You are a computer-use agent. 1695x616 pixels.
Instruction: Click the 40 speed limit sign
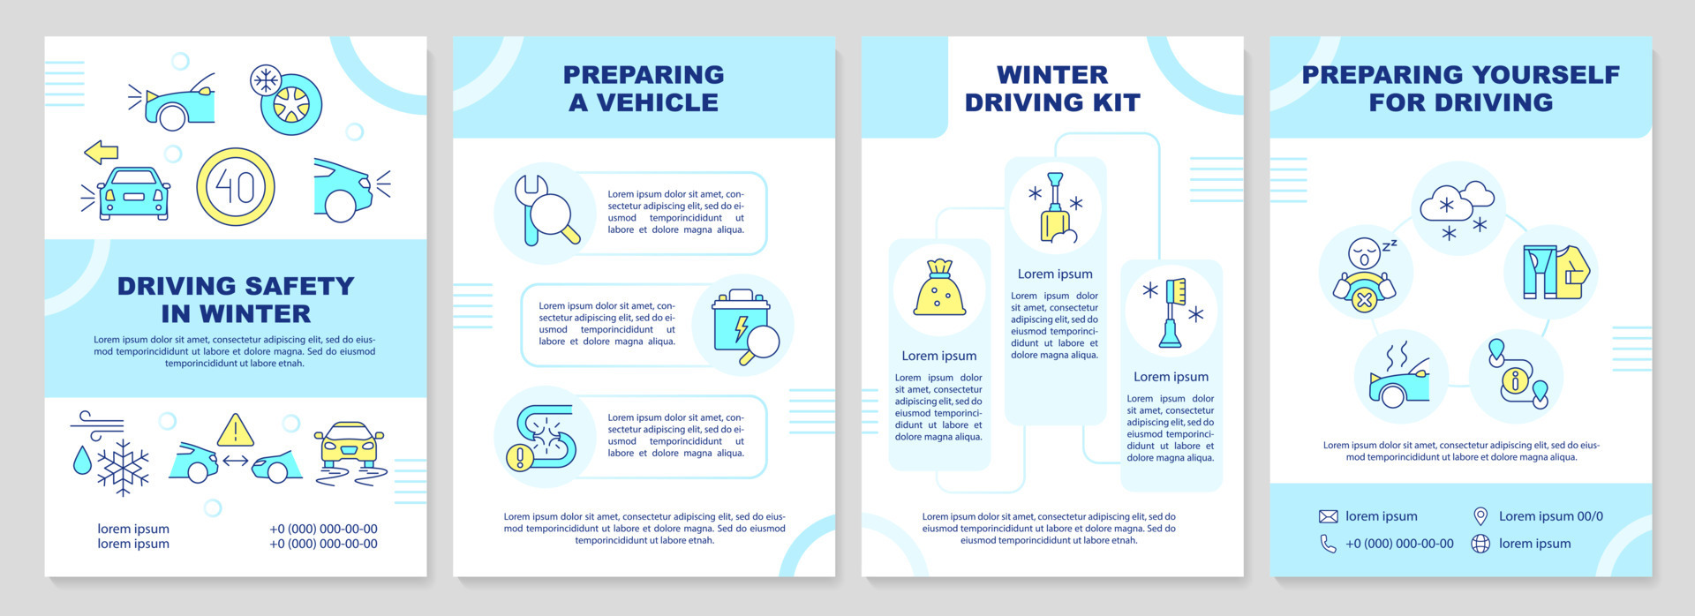(x=236, y=187)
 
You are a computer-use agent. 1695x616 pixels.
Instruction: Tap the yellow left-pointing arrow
(x=102, y=152)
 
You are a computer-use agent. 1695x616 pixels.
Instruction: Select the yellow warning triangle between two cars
(x=235, y=431)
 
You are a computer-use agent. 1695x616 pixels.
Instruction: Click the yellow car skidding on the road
(x=350, y=444)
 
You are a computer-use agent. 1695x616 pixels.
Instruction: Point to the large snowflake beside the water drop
(x=123, y=466)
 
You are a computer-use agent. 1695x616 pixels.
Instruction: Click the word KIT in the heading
(x=1117, y=103)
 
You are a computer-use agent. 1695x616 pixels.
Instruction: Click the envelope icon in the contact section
(x=1328, y=516)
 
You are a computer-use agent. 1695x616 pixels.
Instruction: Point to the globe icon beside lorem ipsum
(x=1480, y=544)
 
